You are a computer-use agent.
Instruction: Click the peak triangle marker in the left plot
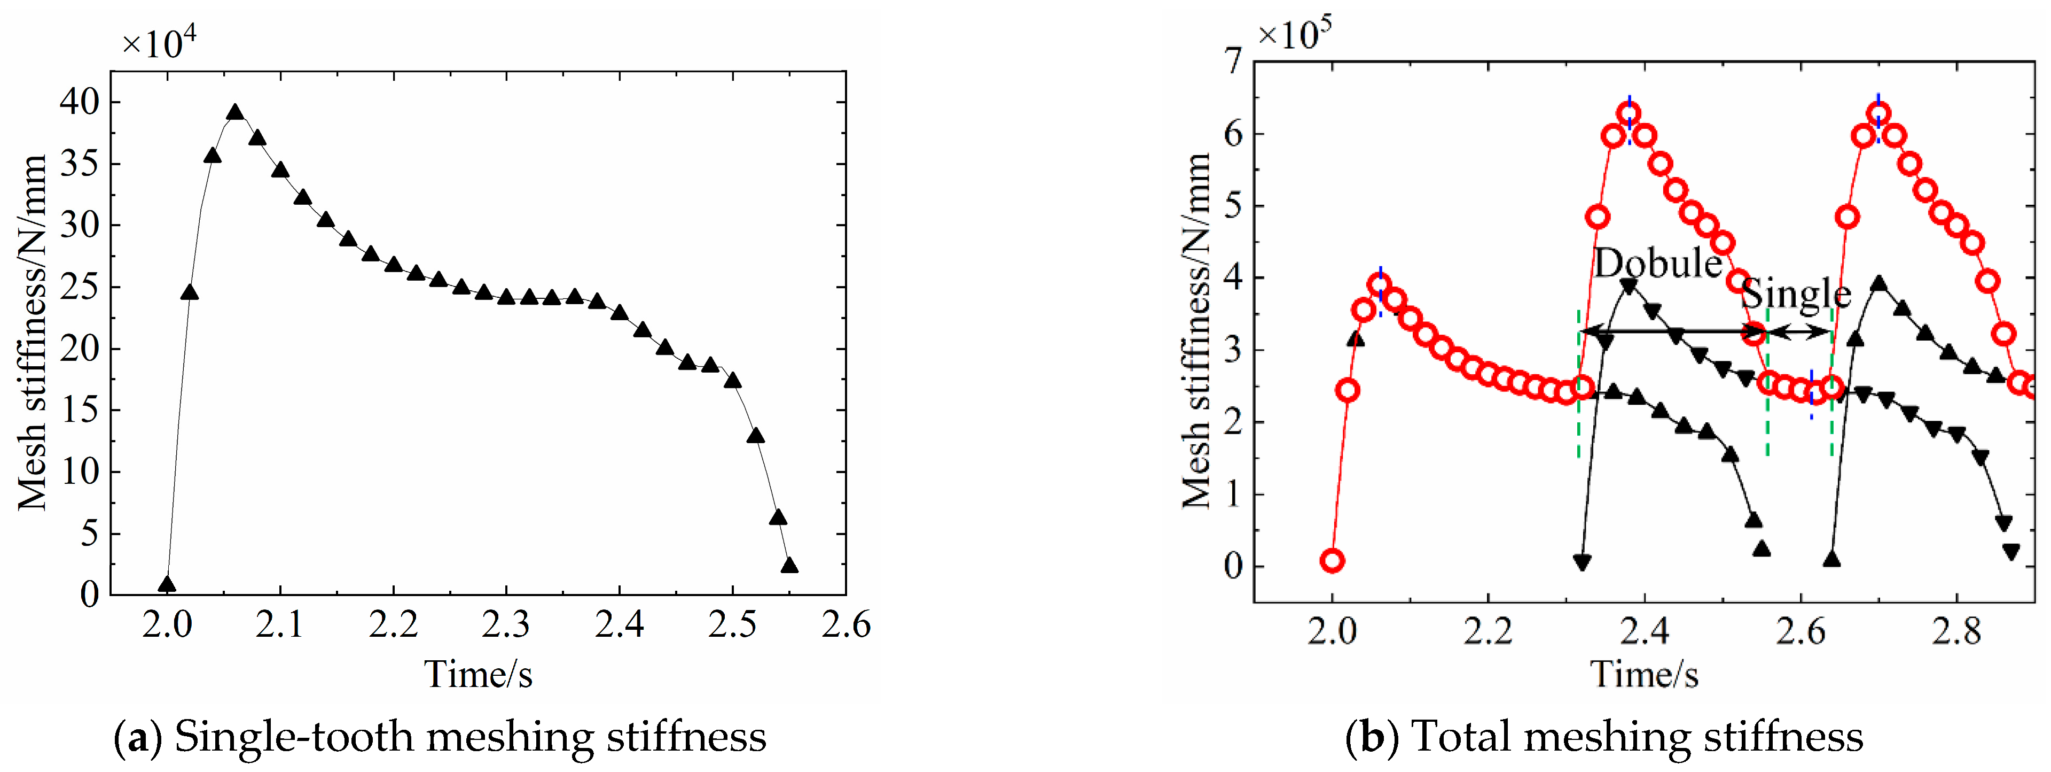click(235, 112)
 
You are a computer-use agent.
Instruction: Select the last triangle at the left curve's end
click(789, 566)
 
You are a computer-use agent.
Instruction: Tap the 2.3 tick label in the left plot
click(506, 626)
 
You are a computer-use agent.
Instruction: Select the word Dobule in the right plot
click(1658, 263)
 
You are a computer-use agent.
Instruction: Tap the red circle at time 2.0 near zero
click(1333, 561)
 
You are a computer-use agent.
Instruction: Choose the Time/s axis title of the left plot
click(477, 675)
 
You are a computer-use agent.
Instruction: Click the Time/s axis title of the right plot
click(1644, 675)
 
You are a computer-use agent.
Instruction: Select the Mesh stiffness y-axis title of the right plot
click(1196, 330)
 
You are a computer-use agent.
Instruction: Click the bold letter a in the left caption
click(138, 737)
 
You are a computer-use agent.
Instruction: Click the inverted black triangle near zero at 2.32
click(1582, 562)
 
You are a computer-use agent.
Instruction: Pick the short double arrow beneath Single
click(1800, 332)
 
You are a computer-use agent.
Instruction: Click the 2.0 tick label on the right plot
click(1332, 632)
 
